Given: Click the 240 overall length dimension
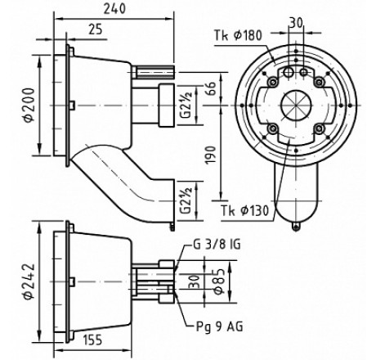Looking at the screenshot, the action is pos(114,9).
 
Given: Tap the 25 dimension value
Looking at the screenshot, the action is pos(95,29).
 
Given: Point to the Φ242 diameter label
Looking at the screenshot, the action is pos(29,281).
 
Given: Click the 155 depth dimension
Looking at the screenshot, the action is pos(92,340).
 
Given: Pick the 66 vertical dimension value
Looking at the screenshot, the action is pos(211,88).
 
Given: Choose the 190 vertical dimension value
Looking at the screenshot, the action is pos(211,155).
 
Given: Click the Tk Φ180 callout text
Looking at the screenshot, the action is pos(238,35).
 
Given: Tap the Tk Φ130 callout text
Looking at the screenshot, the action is pos(244,210).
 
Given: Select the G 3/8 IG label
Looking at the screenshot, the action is pos(217,245).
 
